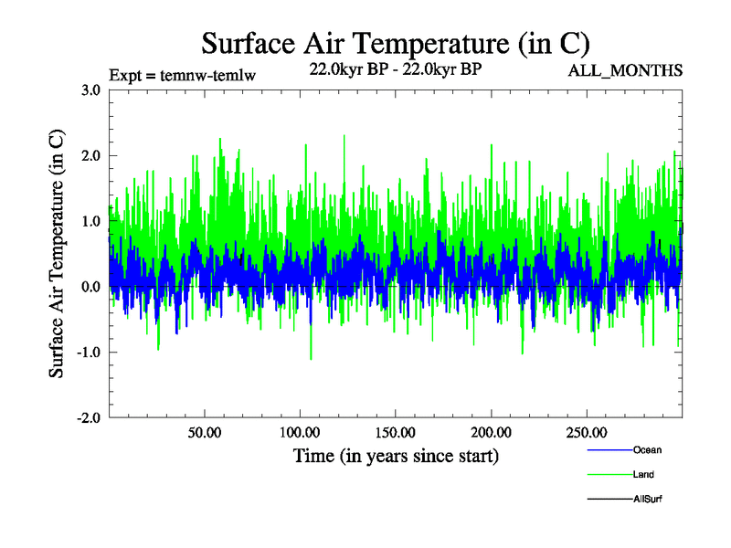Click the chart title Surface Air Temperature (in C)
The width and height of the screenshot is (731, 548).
click(395, 43)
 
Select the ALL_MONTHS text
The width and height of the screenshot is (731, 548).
click(626, 70)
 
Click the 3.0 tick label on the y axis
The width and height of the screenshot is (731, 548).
click(90, 90)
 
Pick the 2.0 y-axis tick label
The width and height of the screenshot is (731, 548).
click(90, 155)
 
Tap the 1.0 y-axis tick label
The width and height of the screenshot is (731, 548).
click(90, 221)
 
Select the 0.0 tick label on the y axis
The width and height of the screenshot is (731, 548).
click(90, 287)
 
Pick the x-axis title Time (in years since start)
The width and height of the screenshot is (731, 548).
click(396, 454)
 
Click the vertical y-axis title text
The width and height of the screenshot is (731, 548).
click(57, 254)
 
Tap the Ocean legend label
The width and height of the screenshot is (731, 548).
click(647, 449)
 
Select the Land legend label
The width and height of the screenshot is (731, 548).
click(643, 474)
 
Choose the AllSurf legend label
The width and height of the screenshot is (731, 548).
click(648, 499)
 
